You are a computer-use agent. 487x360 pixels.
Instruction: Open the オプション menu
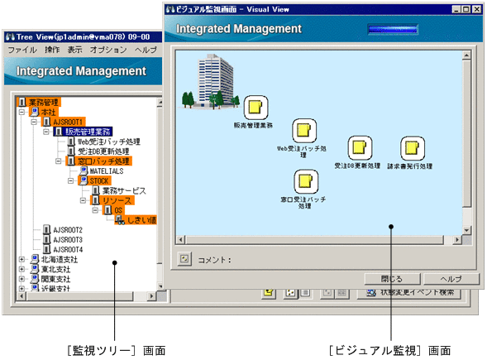pyautogui.click(x=107, y=50)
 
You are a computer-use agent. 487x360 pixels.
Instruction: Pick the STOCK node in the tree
pyautogui.click(x=98, y=180)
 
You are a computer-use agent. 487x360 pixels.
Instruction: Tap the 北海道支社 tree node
pyautogui.click(x=49, y=259)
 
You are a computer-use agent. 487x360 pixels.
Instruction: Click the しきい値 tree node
pyautogui.click(x=141, y=220)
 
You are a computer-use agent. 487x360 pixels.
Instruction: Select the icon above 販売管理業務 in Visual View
pyautogui.click(x=254, y=106)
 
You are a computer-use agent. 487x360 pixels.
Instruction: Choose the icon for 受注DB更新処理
pyautogui.click(x=358, y=148)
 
